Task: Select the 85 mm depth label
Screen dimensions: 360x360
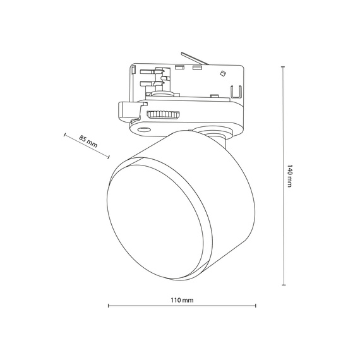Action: [88, 141]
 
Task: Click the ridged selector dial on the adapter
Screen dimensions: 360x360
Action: [163, 114]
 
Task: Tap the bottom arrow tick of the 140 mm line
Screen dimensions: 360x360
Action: [282, 286]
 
